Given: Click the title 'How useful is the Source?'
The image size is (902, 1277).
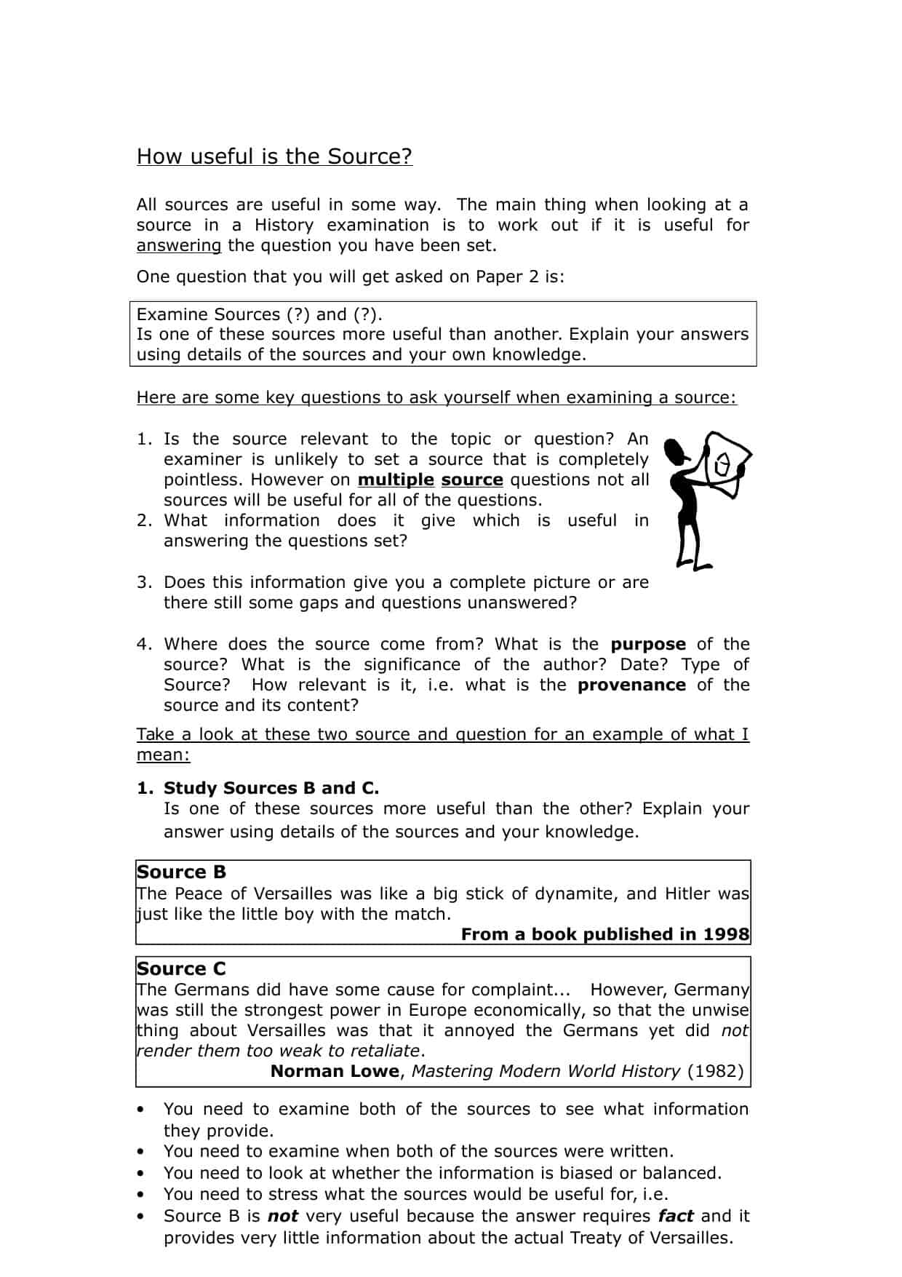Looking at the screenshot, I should [x=274, y=156].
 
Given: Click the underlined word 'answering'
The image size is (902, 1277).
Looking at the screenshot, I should [x=178, y=245].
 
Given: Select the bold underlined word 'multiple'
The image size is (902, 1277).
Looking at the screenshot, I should [x=396, y=480].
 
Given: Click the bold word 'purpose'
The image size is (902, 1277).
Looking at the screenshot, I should [x=648, y=645].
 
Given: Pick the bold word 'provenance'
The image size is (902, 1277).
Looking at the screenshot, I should [x=631, y=685].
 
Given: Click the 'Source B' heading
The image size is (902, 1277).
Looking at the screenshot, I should [x=181, y=872].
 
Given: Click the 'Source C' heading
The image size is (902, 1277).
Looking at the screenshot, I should [x=181, y=968].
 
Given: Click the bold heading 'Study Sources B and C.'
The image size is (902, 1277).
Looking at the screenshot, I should [x=271, y=788].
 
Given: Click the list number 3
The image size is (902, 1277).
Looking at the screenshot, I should [x=143, y=583].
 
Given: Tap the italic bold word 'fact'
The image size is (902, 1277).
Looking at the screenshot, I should [x=676, y=1216].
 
